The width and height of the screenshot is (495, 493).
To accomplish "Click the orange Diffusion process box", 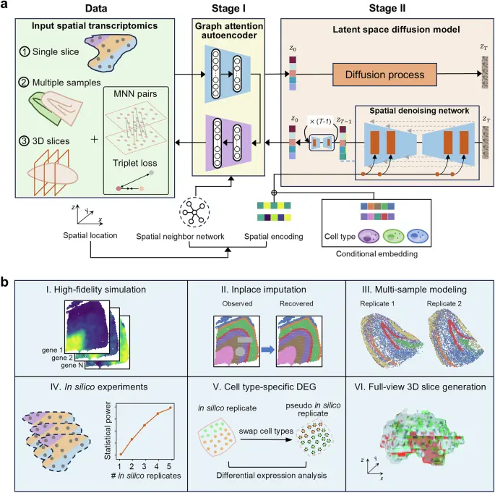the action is (x=385, y=75).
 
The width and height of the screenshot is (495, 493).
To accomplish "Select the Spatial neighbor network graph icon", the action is (x=194, y=211).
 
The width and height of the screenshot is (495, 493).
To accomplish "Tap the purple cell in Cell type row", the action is (x=369, y=236).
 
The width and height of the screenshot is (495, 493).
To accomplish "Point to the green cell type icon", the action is (x=393, y=236).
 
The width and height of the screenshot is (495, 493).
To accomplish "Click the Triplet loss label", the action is (x=135, y=163).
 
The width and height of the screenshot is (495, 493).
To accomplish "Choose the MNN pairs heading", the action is (x=135, y=94).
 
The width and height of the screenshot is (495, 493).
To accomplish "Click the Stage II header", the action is (x=387, y=8).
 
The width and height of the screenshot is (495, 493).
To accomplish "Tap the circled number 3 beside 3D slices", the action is (x=24, y=140).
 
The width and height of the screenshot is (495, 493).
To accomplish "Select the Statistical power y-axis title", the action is (x=108, y=431).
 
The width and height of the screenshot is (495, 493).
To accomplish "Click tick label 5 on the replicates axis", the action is (x=169, y=466).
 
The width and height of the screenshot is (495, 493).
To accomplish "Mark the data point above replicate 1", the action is (x=121, y=454).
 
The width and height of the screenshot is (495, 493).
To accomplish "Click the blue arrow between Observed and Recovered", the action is (x=268, y=350).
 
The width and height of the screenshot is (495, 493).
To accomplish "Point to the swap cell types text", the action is (x=266, y=431).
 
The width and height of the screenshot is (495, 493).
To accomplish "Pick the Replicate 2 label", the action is (x=444, y=303).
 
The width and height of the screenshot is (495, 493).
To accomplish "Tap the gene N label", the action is (x=72, y=366).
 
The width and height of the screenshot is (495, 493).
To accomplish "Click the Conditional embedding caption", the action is (x=376, y=254).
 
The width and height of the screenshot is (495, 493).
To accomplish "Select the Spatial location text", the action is (x=90, y=235).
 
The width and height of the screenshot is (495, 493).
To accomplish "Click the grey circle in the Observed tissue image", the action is (x=240, y=350).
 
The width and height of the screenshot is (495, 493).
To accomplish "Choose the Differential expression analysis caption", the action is (x=272, y=476).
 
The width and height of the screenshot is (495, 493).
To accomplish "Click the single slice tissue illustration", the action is (x=111, y=53).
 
